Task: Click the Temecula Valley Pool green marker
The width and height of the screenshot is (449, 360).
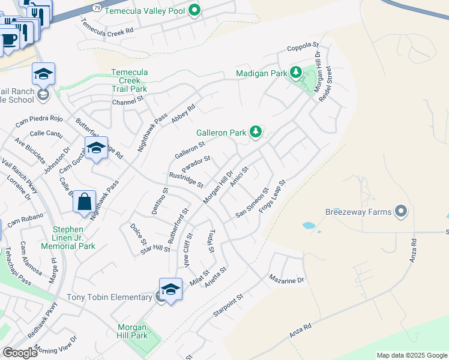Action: point(194,10)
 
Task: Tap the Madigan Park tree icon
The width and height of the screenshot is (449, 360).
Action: point(295,73)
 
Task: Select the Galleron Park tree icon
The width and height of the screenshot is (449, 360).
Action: point(256,131)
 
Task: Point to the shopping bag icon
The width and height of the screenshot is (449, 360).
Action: point(85,202)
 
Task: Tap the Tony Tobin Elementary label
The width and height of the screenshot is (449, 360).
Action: point(109,298)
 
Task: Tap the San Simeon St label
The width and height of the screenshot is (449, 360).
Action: point(252,205)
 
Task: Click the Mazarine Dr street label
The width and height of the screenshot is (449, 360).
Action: point(287,280)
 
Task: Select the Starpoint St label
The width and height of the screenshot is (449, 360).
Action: point(228,305)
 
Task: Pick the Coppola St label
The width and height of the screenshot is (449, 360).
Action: point(302,46)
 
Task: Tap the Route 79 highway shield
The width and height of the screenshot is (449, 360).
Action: point(97,7)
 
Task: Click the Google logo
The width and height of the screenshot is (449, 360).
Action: point(20,352)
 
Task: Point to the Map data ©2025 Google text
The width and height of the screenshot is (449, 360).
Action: point(411,355)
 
